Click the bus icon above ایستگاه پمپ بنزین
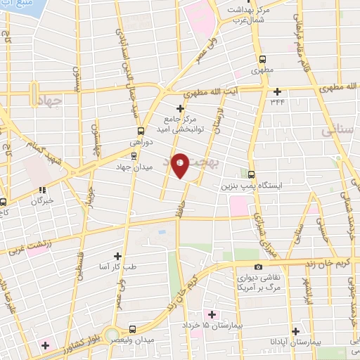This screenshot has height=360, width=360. [252, 175]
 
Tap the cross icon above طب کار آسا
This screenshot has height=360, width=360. [117, 257]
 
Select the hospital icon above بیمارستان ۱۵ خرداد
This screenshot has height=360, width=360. [208, 313]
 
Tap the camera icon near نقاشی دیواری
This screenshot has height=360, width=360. [259, 266]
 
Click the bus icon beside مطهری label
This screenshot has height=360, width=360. [262, 59]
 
